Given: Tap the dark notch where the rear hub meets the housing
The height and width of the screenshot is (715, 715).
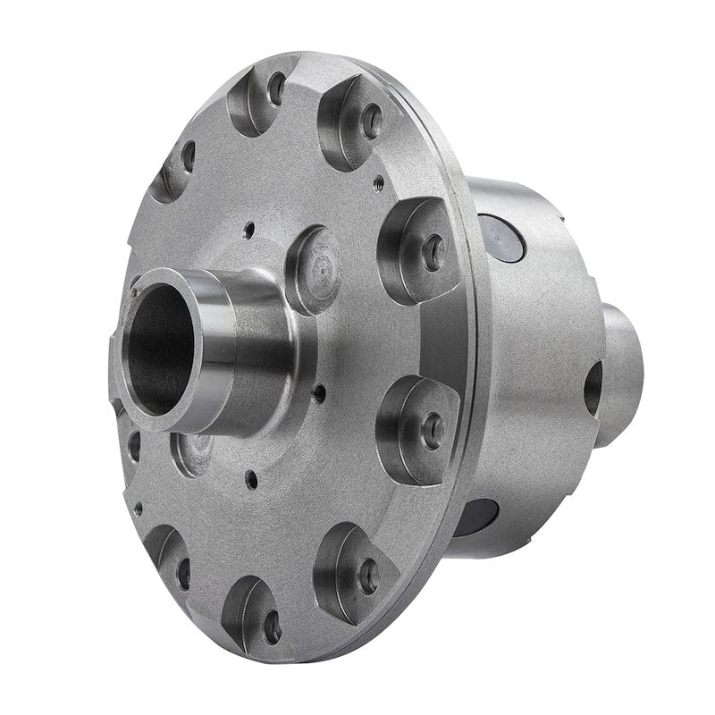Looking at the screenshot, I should (x=593, y=388).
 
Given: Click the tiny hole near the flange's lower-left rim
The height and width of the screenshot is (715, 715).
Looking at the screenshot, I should (x=138, y=509).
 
